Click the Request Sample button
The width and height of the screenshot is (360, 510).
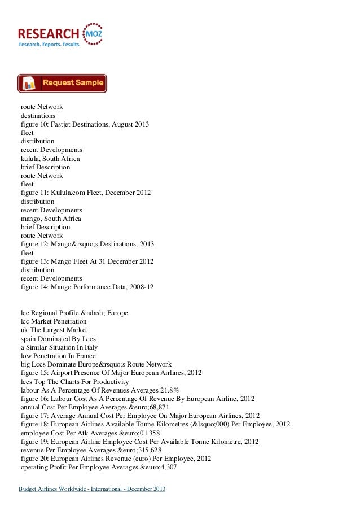point(62,83)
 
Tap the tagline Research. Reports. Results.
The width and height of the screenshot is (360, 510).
point(50,43)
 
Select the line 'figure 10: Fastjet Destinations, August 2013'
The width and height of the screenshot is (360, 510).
point(85,124)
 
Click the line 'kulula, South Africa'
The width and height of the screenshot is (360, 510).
point(50,159)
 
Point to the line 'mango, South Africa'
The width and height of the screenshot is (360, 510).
point(51,218)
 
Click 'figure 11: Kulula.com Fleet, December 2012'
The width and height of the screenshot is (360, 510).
point(86,193)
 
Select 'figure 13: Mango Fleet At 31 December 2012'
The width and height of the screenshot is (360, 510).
point(87,261)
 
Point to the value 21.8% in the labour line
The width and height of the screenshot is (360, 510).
point(169,390)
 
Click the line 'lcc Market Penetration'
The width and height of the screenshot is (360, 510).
point(54,321)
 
